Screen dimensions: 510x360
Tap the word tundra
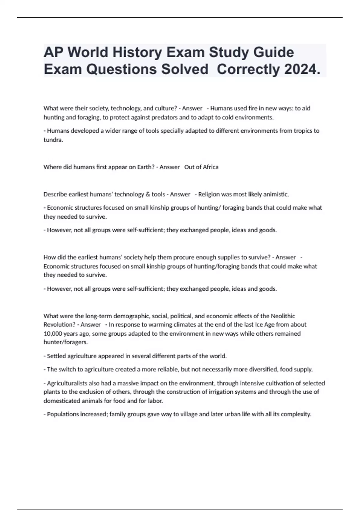tap(53, 140)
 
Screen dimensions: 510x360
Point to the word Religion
tap(209, 194)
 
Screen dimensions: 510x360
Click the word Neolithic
tap(283, 316)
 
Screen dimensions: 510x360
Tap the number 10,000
tap(52, 334)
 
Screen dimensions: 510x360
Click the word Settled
tap(56, 356)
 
